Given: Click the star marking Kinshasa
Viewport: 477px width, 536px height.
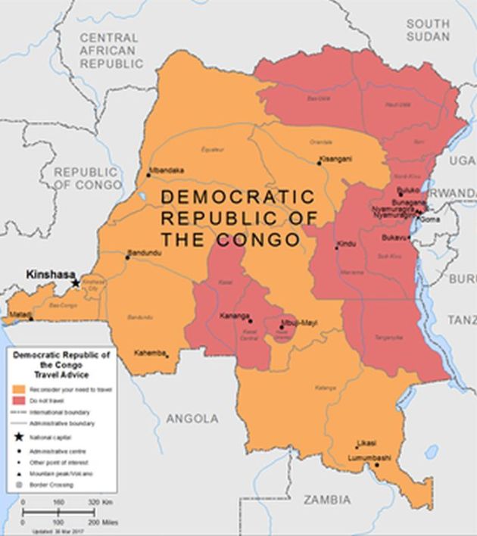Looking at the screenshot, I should (76, 283).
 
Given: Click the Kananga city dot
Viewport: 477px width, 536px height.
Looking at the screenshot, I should (251, 319).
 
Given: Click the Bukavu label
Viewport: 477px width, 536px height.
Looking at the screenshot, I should (394, 238).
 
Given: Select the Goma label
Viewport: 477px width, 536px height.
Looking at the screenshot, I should (429, 219).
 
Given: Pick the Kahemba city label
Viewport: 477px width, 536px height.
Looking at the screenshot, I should (150, 353).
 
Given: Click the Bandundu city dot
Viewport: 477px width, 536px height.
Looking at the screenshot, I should (127, 257).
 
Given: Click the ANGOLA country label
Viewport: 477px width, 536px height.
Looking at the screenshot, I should (192, 418).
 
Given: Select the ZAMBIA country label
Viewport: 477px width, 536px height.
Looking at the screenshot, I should (327, 500).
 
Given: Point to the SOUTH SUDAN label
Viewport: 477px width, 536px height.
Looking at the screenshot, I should (427, 31).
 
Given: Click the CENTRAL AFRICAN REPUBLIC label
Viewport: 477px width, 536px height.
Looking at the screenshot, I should (110, 51).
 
